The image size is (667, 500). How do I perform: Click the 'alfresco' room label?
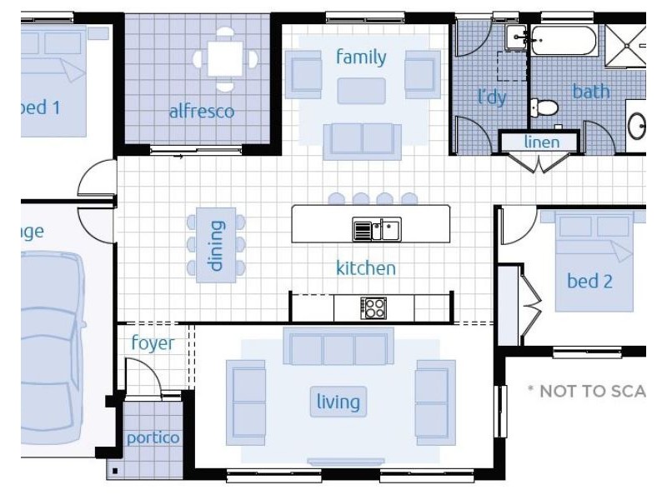[202, 111]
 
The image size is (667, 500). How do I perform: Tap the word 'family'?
[361, 57]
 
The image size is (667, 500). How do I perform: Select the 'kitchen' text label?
[365, 268]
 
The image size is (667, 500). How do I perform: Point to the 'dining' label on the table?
[216, 246]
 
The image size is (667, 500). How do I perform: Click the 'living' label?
[338, 402]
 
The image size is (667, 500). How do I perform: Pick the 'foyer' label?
[153, 343]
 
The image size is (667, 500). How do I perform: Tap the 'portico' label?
[153, 437]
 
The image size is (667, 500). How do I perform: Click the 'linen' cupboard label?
[541, 142]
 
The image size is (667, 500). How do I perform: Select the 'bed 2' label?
[589, 282]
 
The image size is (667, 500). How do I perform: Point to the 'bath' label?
[590, 91]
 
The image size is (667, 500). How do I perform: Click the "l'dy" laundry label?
[492, 97]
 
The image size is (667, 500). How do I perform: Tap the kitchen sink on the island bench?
[377, 228]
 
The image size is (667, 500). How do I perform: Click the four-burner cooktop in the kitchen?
[373, 308]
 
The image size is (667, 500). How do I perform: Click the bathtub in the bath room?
[563, 38]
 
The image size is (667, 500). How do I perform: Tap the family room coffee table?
[361, 90]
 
